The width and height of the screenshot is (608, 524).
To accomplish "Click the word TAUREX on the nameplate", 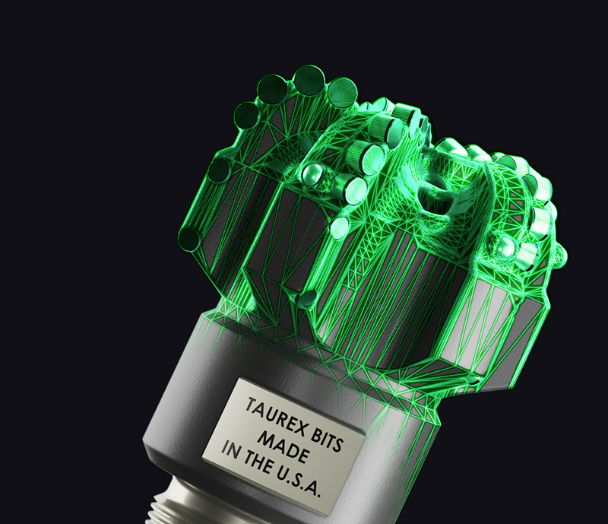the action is [272, 416].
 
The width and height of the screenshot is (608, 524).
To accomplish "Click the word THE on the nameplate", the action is [258, 462].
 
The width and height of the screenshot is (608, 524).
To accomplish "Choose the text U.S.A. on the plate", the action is [301, 482].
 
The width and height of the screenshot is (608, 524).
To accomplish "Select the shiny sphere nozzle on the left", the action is [312, 173].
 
